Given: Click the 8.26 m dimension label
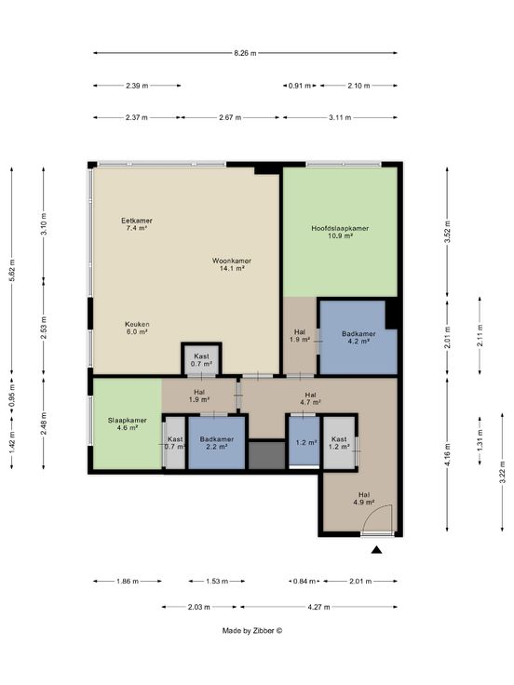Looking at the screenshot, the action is pyautogui.click(x=245, y=53).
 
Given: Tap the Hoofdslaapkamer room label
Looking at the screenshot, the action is pyautogui.click(x=340, y=232).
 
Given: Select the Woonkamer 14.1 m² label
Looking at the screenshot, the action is pyautogui.click(x=232, y=264).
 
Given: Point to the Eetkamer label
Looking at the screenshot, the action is pyautogui.click(x=136, y=224).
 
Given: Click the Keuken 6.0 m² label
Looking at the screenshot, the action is pyautogui.click(x=137, y=328).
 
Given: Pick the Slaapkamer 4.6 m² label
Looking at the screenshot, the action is pyautogui.click(x=128, y=423).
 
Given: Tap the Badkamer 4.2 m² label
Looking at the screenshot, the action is pyautogui.click(x=358, y=337).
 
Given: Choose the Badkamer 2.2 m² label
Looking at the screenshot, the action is pyautogui.click(x=217, y=442).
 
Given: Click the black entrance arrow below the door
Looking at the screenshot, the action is pyautogui.click(x=376, y=550).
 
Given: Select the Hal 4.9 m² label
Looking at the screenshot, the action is pyautogui.click(x=364, y=498).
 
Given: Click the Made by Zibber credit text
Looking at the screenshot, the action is pyautogui.click(x=252, y=630).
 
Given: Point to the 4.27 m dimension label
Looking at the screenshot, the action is pyautogui.click(x=318, y=607).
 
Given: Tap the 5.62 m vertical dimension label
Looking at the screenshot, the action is pyautogui.click(x=12, y=271).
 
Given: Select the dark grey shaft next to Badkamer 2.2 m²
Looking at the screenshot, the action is pyautogui.click(x=266, y=454).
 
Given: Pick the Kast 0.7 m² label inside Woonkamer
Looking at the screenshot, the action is pyautogui.click(x=201, y=359).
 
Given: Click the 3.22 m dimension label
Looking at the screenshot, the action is pyautogui.click(x=502, y=473).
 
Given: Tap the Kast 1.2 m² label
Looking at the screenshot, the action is pyautogui.click(x=339, y=442).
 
